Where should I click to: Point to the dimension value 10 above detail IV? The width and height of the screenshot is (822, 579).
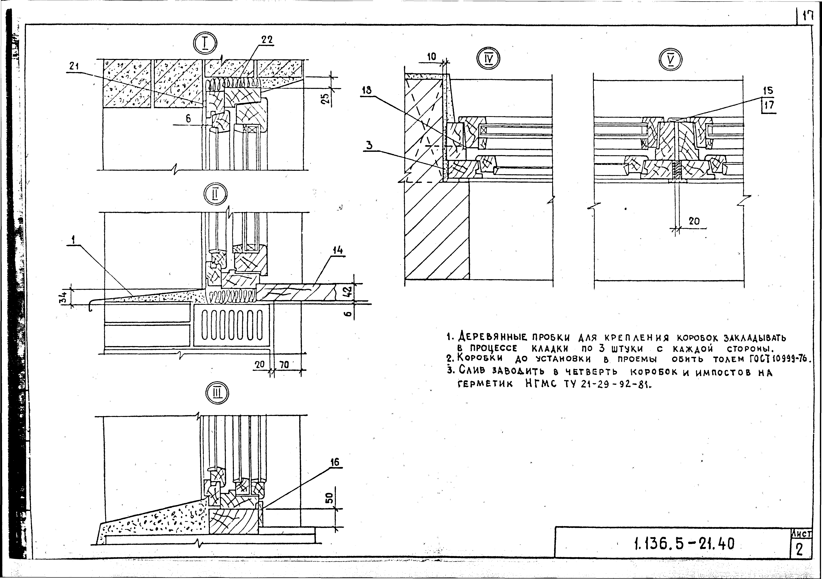432,56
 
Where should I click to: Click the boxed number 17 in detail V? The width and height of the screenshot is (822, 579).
768,105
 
